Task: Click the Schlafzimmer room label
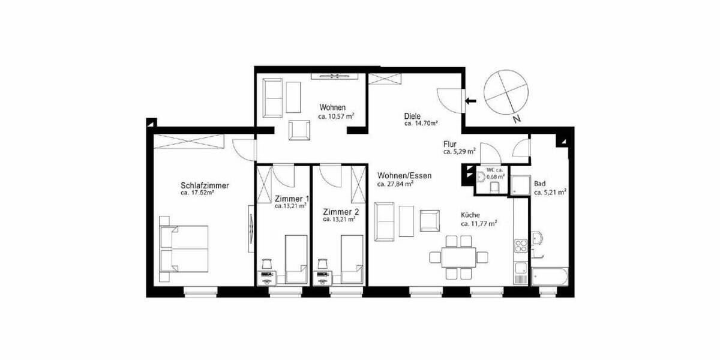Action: (205, 185)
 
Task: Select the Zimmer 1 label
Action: (292, 199)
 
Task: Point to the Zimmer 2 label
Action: (341, 212)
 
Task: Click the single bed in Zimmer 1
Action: (295, 259)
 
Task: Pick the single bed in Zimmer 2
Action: (352, 259)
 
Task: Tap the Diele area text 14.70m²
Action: (421, 124)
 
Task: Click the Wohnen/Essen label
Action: (404, 176)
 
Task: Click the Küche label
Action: (470, 215)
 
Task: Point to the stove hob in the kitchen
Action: (520, 246)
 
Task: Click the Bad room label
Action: (540, 184)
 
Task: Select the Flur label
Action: (450, 144)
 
